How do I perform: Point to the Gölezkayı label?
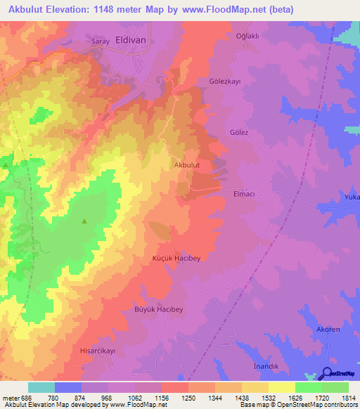point(225,82)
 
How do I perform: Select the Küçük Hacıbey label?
point(176,259)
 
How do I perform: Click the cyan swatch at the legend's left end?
point(41,387)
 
